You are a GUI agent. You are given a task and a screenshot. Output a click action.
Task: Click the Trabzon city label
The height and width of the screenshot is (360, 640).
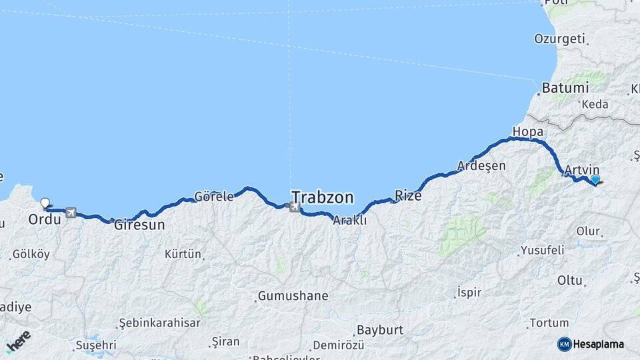pos(322,197)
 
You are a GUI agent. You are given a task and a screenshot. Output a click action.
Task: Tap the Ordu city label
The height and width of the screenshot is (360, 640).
pos(45,219)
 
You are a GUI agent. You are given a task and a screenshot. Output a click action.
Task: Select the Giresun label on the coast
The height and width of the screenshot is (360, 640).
pos(139,225)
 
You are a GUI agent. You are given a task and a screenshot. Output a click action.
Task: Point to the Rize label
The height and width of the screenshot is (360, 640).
pos(408,195)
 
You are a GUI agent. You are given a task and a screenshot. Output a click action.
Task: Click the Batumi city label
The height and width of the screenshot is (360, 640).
pos(565,88)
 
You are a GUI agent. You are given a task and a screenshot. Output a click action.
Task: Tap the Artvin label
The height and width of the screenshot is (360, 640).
pos(581,170)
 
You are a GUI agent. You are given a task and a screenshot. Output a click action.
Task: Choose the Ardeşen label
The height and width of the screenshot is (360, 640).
pos(481,165)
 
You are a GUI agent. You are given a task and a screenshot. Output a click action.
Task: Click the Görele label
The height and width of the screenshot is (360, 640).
pos(214,197)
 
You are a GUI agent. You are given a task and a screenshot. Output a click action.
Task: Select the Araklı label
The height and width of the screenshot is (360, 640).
pos(350,221)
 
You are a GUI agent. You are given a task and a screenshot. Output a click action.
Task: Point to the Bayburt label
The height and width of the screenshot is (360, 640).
pos(379,330)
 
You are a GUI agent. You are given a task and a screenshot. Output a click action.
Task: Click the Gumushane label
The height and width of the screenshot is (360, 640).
pos(293,295)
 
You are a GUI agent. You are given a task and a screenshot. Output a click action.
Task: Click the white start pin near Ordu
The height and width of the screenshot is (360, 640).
pos(45,203)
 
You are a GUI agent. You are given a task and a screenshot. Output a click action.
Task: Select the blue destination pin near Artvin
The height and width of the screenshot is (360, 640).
pos(595,179)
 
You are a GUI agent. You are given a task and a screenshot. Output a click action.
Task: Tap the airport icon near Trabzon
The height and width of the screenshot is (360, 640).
pos(295,207)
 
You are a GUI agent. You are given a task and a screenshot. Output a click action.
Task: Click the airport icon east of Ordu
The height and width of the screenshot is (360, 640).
pos(71,213)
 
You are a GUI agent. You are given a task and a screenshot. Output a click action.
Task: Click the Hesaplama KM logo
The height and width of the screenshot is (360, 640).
pos(591,344)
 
